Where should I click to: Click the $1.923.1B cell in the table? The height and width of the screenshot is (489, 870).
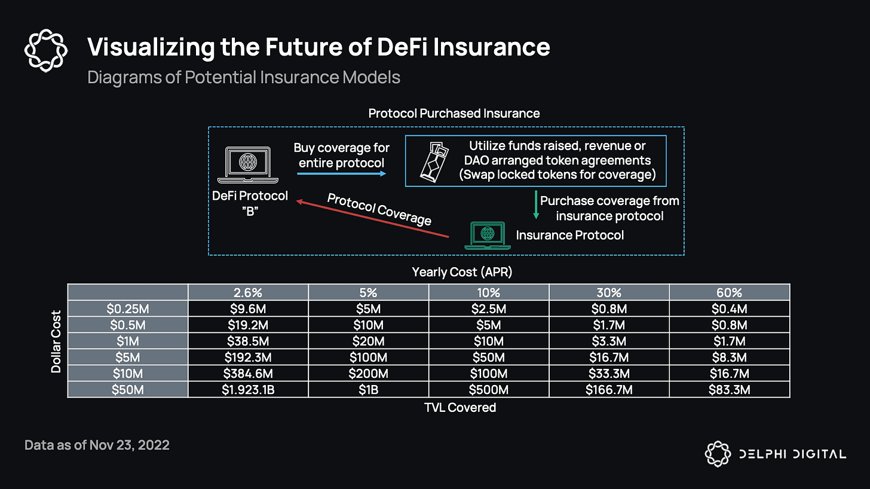248,390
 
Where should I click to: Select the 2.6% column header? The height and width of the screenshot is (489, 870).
248,292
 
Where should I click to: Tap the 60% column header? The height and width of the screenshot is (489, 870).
729,292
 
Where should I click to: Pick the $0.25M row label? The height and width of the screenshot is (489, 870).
128,308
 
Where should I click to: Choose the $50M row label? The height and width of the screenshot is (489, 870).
128,390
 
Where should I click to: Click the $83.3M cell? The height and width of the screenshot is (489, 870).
729,390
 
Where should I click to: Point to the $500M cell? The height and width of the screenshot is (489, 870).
489,390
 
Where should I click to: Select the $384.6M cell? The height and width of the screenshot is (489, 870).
248,374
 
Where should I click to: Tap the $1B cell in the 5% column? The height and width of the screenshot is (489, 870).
368,390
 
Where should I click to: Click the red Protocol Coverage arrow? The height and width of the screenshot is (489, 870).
372,218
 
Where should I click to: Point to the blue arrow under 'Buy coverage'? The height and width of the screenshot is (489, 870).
342,173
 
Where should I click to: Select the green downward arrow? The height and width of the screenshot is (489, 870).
536,205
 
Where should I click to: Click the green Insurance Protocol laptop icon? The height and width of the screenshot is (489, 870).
488,236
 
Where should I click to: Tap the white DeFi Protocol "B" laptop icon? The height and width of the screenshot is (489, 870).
248,165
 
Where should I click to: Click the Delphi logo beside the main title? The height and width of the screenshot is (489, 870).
46,51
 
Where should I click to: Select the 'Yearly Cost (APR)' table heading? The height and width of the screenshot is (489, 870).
462,272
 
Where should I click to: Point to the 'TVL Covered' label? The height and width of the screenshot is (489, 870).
460,407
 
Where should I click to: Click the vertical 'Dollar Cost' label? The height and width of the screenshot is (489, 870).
56,342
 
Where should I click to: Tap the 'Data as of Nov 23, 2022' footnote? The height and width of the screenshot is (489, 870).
97,445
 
